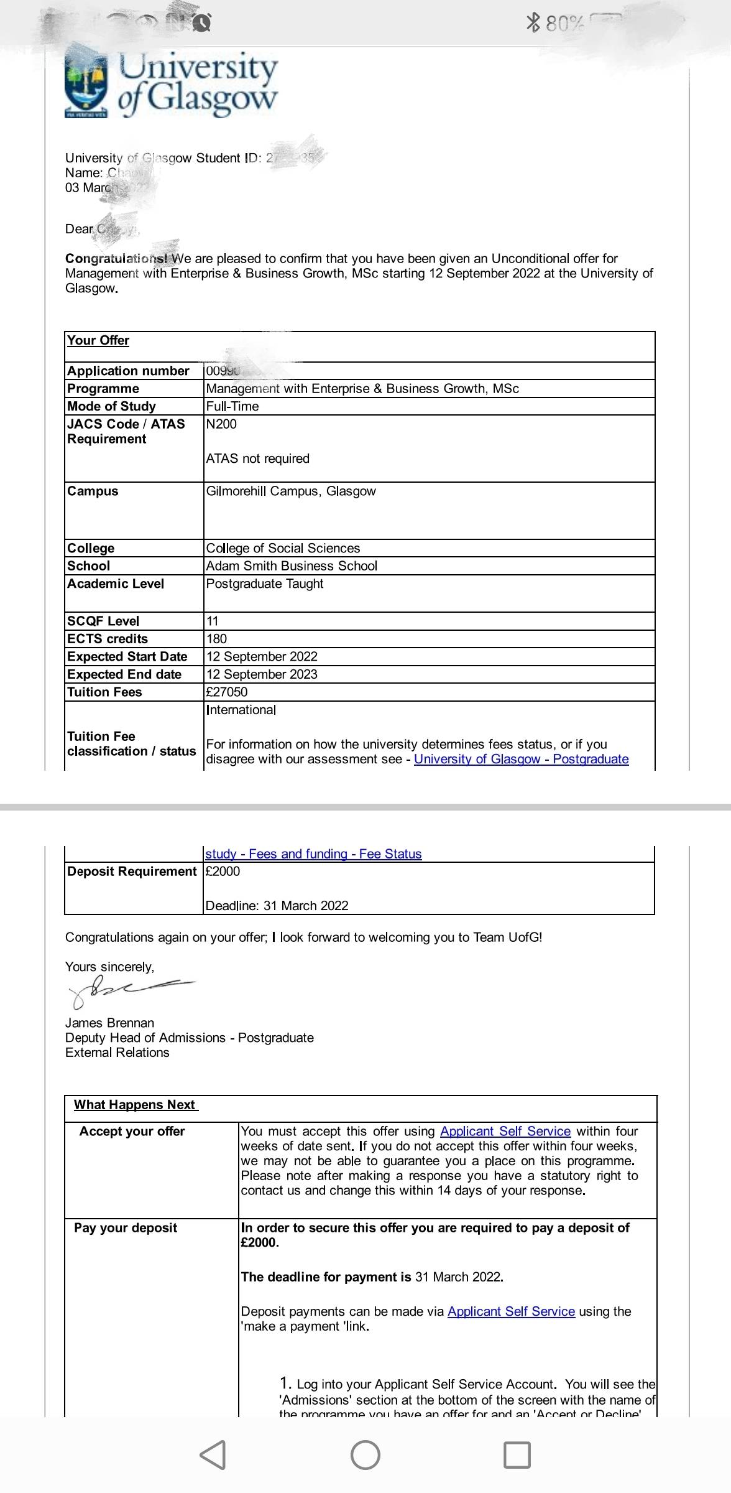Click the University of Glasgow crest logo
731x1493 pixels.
pyautogui.click(x=86, y=86)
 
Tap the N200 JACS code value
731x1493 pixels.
pyautogui.click(x=221, y=424)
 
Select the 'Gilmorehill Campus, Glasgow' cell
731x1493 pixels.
pyautogui.click(x=291, y=491)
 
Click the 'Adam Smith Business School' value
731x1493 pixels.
pyautogui.click(x=292, y=566)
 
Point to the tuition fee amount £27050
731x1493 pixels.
pyautogui.click(x=226, y=692)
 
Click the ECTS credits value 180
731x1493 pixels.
pyautogui.click(x=216, y=639)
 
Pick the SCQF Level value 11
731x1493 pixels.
pyautogui.click(x=212, y=621)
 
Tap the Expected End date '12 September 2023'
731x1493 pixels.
pyautogui.click(x=262, y=674)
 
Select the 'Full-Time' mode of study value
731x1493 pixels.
pyautogui.click(x=232, y=407)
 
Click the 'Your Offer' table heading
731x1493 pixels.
pyautogui.click(x=98, y=341)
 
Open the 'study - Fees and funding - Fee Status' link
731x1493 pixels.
pyautogui.click(x=313, y=854)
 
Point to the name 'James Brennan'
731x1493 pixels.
pyautogui.click(x=109, y=1023)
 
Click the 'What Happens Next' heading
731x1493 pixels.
pyautogui.click(x=135, y=1105)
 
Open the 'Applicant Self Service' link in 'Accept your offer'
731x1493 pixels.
pyautogui.click(x=505, y=1132)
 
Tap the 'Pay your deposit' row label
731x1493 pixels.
pyautogui.click(x=126, y=1228)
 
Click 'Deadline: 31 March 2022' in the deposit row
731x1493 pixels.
pyautogui.click(x=277, y=906)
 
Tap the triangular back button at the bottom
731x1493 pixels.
pyautogui.click(x=213, y=1456)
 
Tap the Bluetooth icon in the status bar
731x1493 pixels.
pyautogui.click(x=533, y=23)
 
